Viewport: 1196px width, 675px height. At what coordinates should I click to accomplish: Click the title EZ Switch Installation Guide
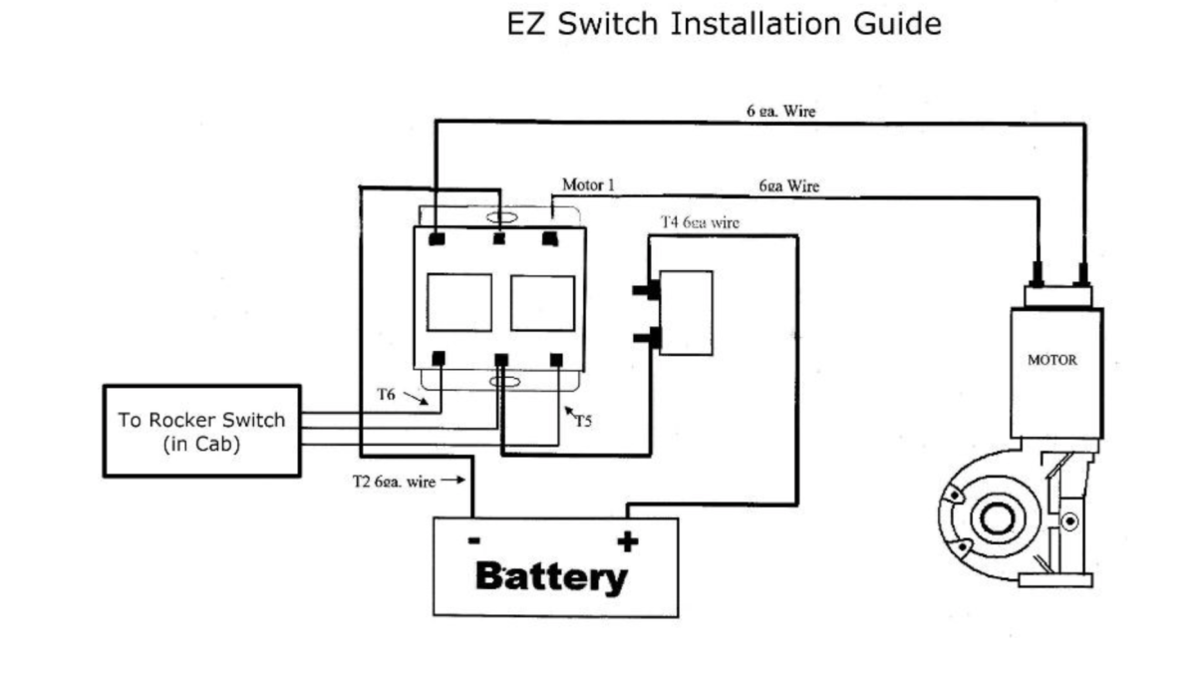tap(724, 24)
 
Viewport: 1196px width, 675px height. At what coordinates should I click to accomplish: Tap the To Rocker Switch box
tap(201, 432)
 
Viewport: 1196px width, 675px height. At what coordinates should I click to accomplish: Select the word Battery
tap(551, 576)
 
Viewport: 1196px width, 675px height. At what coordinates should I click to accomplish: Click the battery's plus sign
tap(627, 542)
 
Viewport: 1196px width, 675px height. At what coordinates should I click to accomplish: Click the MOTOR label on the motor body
tap(1051, 360)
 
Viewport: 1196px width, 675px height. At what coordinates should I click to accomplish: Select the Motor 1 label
tap(588, 185)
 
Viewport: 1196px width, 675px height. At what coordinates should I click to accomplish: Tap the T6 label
tap(387, 395)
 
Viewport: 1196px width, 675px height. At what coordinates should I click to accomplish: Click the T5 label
tap(583, 421)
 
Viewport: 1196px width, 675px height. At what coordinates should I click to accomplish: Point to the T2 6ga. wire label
tap(394, 482)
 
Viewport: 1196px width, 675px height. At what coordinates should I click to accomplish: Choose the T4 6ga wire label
tap(700, 222)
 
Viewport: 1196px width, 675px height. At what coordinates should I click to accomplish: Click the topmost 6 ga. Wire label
tap(780, 112)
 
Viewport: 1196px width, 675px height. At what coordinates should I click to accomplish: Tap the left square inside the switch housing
tap(458, 302)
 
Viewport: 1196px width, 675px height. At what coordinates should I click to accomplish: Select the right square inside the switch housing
tap(542, 303)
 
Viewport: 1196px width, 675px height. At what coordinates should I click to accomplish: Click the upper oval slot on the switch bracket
tap(500, 217)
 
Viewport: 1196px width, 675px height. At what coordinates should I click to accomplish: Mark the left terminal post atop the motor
tap(1038, 271)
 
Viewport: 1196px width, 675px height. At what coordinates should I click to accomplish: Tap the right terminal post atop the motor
tap(1081, 271)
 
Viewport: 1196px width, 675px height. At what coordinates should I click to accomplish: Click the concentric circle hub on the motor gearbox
tap(994, 518)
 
